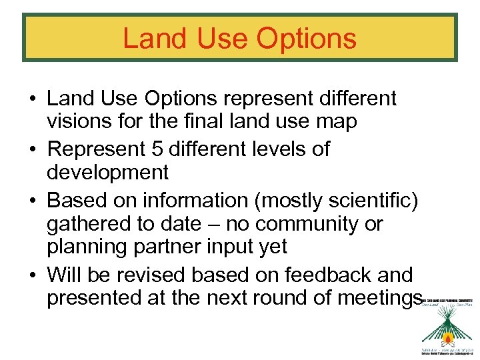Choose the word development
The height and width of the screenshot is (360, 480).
click(107, 173)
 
